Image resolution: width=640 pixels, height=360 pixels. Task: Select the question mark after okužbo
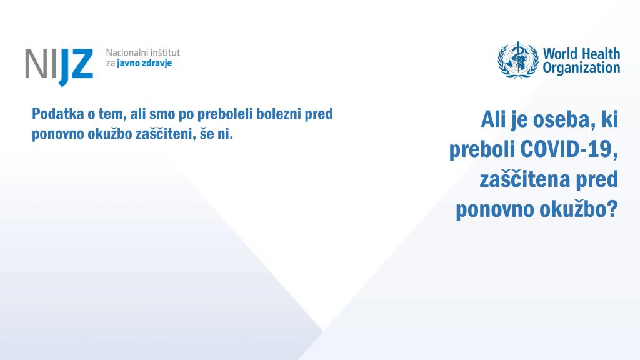(612, 209)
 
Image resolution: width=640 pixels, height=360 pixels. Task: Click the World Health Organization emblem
(518, 60)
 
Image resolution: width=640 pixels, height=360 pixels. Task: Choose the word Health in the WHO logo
(601, 54)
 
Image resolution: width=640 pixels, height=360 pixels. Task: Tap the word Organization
(582, 68)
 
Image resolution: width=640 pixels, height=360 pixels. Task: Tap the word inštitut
(166, 52)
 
